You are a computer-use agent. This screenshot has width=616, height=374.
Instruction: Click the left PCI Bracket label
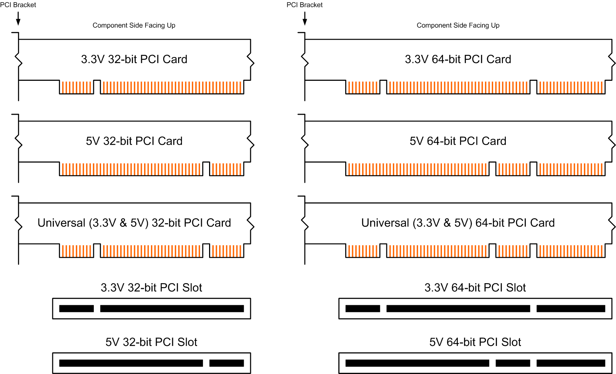coord(18,5)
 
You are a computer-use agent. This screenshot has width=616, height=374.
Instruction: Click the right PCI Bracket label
coord(304,5)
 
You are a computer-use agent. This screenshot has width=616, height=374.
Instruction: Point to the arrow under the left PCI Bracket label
coord(18,18)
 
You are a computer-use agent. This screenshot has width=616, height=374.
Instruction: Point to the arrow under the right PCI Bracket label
coord(305,18)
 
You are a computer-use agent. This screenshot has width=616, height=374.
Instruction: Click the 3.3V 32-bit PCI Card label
coord(134,59)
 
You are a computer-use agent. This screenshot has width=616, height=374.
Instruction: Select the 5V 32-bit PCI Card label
coord(134,141)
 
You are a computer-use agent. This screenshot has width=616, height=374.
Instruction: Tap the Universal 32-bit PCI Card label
coord(134,223)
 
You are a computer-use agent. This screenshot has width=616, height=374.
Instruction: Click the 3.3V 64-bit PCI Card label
coord(458,59)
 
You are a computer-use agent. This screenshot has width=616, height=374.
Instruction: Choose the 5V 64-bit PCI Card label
coord(458,141)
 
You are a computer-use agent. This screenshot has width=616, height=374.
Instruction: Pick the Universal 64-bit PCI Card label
coord(458,223)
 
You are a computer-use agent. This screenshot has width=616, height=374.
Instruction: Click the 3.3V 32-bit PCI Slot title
coord(151,287)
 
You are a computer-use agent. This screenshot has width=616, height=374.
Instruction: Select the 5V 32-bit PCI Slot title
coord(151,342)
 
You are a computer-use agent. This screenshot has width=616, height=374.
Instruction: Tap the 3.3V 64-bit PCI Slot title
coord(475,287)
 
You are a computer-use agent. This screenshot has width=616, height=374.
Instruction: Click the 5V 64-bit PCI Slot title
coord(475,342)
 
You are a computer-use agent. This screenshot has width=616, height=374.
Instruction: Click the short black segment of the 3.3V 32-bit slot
coord(77,308)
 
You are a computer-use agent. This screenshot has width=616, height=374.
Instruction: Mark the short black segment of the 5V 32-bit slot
coord(226,363)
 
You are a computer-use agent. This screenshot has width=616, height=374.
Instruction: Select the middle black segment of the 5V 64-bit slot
coord(513,363)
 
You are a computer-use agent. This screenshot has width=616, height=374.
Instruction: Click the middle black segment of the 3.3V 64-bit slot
coord(458,308)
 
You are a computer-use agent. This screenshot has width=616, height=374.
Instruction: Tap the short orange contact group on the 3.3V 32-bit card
coord(77,87)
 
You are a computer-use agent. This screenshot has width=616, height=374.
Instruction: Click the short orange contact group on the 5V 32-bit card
coord(226,169)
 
